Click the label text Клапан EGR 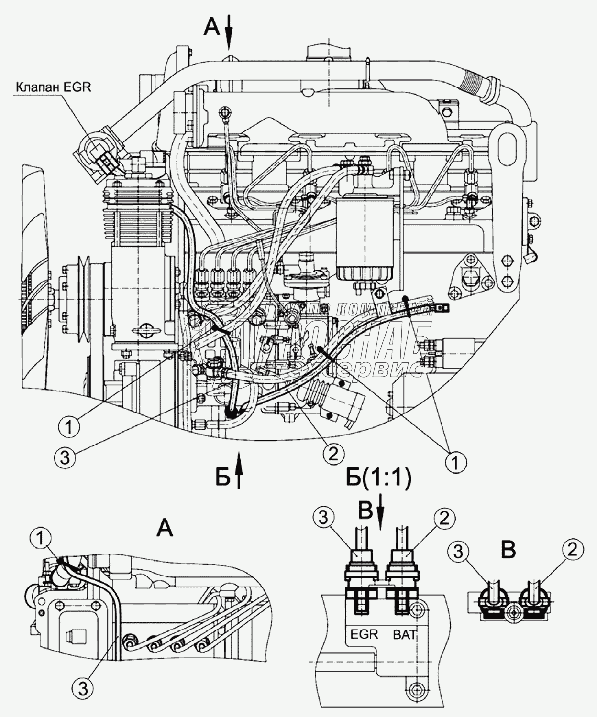(x=53, y=87)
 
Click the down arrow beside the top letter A (x=229, y=32)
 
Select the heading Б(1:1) (x=378, y=478)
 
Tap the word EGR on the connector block (x=364, y=634)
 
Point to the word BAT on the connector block (x=404, y=634)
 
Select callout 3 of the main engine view (x=65, y=457)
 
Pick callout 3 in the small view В (x=458, y=553)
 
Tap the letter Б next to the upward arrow (x=222, y=477)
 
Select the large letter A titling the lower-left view (x=165, y=529)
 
